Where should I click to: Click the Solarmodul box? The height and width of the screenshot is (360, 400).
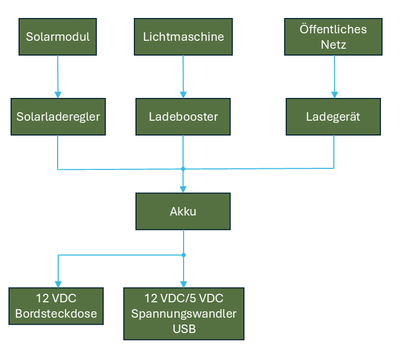[58, 37]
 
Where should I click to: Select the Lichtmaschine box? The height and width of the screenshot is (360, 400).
[183, 37]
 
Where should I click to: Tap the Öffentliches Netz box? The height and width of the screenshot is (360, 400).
[333, 37]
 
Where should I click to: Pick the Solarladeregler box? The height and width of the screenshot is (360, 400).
[58, 116]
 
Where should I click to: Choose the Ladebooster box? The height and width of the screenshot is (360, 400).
[183, 116]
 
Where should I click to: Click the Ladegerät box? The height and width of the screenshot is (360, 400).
[333, 116]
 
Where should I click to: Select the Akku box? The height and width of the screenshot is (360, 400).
[183, 211]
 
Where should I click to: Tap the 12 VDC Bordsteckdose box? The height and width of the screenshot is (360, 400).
[56, 306]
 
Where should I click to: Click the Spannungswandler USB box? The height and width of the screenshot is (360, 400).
[184, 313]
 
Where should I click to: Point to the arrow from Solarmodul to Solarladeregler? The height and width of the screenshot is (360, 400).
[58, 77]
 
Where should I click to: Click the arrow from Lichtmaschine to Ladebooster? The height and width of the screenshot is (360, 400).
[183, 77]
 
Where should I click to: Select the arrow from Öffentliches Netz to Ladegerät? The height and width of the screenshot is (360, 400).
[334, 77]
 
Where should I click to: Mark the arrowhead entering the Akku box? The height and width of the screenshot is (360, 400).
[183, 189]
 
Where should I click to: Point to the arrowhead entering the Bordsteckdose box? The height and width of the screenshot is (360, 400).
[58, 284]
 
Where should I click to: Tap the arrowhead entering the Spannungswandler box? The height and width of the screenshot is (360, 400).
[184, 284]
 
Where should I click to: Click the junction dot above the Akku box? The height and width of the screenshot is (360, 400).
[183, 169]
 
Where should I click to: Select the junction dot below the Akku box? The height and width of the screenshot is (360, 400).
[184, 255]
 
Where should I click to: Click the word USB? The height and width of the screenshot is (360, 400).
[184, 329]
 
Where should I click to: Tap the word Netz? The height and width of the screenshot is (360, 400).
[333, 44]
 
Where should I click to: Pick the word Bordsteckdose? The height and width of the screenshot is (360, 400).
[56, 313]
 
